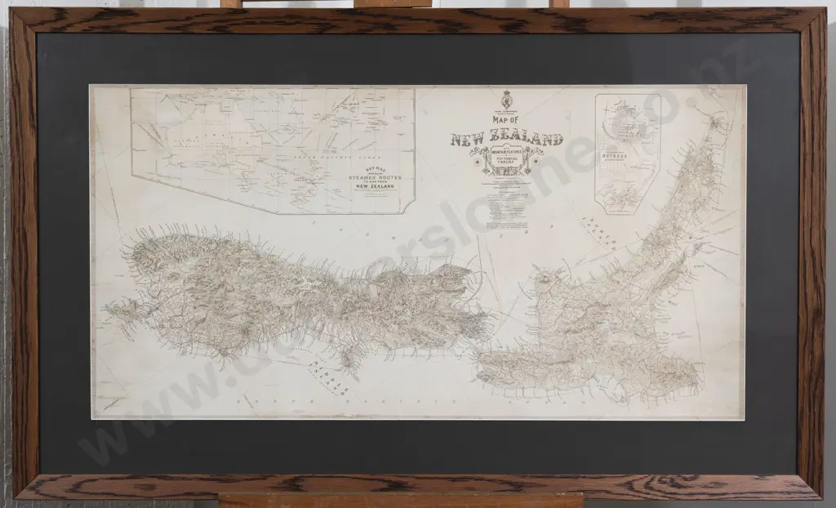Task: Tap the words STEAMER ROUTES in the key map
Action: [x=373, y=176]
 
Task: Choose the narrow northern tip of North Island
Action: [x=718, y=123]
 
